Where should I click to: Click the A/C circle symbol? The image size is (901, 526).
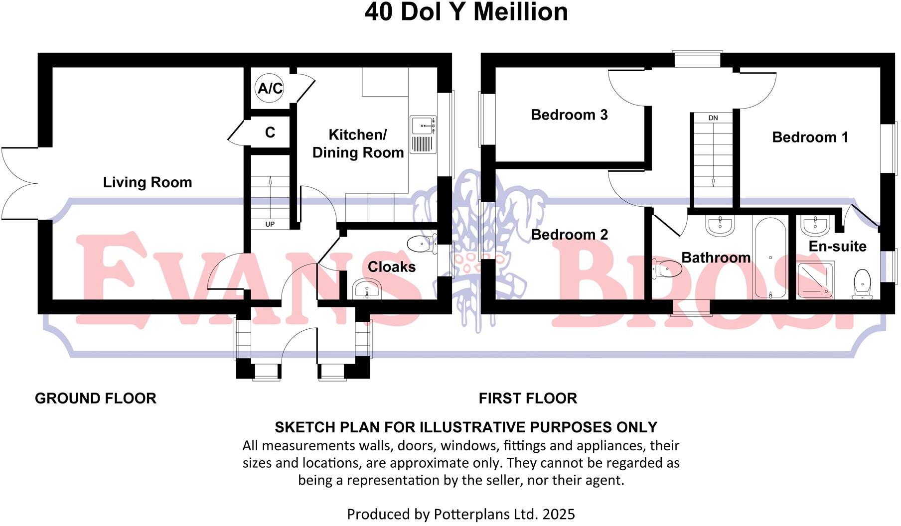point(270,89)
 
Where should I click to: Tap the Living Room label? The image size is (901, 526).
point(148,182)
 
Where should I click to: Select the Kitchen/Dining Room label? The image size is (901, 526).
point(358,143)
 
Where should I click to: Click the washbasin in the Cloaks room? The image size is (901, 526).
point(366,289)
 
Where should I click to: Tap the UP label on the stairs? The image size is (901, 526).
point(270,224)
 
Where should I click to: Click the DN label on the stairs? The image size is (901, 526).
point(713,118)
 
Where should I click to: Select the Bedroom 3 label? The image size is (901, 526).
point(569,115)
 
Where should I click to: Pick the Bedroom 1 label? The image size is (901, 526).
point(810,137)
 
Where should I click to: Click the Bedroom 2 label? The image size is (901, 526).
point(570,235)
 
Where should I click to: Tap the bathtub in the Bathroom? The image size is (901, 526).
point(770,258)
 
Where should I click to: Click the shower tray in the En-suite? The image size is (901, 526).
point(815,278)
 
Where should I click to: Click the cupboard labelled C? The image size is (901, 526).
point(270,132)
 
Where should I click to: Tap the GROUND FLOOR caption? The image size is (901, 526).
point(96,398)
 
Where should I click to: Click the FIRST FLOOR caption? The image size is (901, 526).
point(528,398)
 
